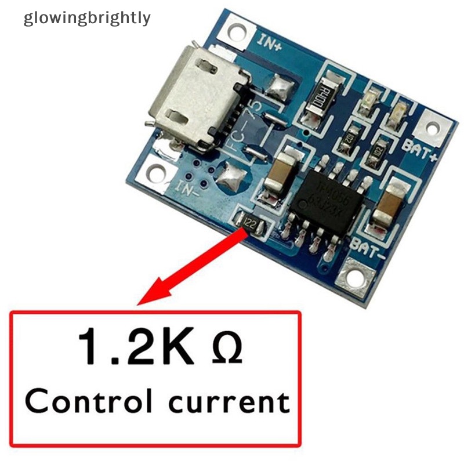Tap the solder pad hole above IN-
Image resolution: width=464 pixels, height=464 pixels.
click(x=157, y=172)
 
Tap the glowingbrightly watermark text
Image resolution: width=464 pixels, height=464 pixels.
click(x=87, y=18)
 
